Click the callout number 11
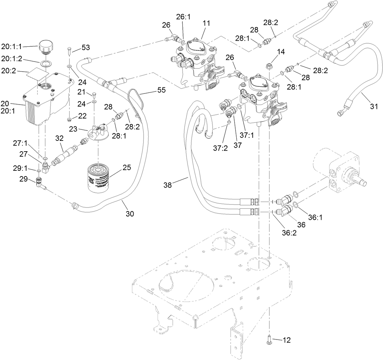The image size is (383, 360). point(206,23)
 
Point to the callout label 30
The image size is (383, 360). point(130,213)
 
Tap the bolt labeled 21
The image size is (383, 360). point(94,95)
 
